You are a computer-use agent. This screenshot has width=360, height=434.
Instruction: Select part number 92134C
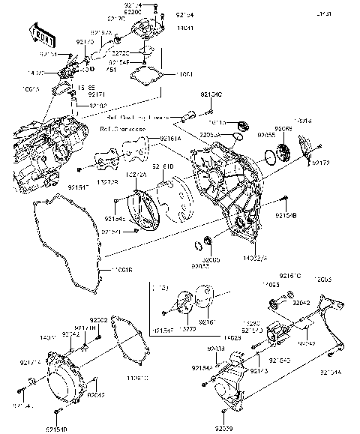(211, 95)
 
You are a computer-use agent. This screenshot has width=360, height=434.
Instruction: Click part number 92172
(321, 163)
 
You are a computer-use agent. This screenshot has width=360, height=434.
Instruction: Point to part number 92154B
(288, 214)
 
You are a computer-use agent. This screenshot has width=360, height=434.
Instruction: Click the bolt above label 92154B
(286, 199)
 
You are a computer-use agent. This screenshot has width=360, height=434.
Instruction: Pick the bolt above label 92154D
(54, 412)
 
